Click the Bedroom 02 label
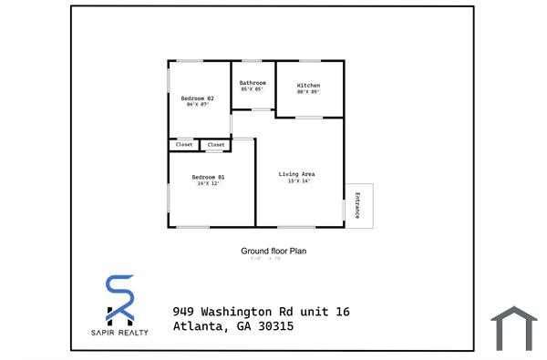[197, 98]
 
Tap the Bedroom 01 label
[208, 177]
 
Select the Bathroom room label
[253, 83]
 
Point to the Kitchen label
[308, 86]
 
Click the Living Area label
[296, 173]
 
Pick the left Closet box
[184, 145]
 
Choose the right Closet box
[216, 145]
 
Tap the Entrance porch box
[357, 205]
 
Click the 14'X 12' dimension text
[208, 184]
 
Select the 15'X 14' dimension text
[298, 180]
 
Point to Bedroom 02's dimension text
[198, 105]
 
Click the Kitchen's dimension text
[308, 92]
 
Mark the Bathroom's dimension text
[252, 89]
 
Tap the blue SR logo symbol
[119, 299]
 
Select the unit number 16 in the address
[342, 312]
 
